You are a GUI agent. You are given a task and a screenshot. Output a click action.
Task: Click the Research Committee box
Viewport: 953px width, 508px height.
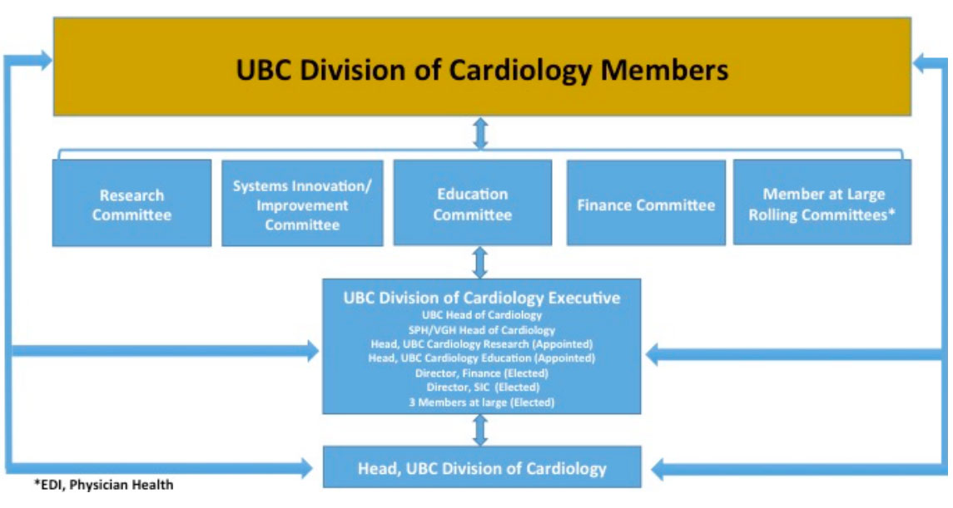point(132,204)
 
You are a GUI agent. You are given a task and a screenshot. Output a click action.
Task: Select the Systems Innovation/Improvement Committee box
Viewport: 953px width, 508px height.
point(302,204)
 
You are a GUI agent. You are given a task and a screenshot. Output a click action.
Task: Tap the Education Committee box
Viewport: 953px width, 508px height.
point(473,204)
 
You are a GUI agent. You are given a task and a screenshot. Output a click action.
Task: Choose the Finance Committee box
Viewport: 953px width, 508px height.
point(646,204)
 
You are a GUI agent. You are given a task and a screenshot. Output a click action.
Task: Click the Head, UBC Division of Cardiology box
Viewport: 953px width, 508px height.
point(482,468)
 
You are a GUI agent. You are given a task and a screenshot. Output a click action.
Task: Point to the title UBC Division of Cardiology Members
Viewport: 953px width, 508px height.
point(482,70)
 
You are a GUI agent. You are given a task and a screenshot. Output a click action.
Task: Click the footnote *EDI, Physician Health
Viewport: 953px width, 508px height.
point(103,485)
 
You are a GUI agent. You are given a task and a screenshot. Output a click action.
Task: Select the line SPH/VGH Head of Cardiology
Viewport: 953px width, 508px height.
point(482,329)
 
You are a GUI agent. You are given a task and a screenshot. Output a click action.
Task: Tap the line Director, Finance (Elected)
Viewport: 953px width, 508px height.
point(482,372)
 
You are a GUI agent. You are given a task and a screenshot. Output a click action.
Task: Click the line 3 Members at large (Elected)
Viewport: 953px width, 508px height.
point(482,401)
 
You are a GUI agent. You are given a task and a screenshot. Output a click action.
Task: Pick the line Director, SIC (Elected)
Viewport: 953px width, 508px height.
point(482,387)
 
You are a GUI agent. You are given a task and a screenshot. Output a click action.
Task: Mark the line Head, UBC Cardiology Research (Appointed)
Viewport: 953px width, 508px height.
point(482,343)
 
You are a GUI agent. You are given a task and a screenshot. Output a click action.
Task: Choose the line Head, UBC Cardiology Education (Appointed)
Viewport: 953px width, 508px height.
point(482,358)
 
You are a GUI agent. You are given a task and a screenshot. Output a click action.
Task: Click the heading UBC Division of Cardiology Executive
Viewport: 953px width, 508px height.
point(482,298)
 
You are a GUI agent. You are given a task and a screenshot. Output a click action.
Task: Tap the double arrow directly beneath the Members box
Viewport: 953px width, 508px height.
point(479,133)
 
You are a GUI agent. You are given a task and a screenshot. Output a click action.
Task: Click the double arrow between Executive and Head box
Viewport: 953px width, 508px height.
point(479,430)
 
